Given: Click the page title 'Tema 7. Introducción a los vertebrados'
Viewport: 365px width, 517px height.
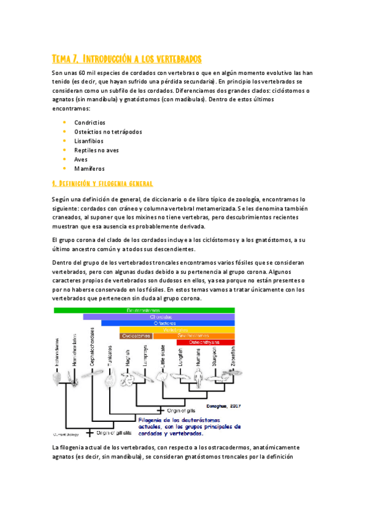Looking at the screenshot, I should tap(126, 59).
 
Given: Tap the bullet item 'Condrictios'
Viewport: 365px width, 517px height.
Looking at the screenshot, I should tap(90, 123).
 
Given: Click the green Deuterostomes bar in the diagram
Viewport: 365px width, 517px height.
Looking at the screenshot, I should tap(144, 310).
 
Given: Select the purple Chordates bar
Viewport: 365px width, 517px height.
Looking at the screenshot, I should tap(159, 317).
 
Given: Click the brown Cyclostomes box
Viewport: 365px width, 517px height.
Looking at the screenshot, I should tap(136, 336).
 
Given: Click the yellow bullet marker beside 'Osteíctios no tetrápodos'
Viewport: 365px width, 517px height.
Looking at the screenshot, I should tap(64, 132).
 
